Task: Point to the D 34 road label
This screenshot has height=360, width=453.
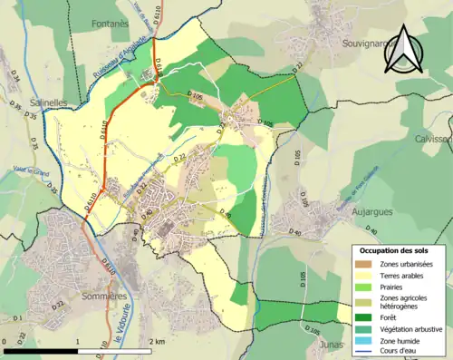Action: (x=15, y=79)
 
